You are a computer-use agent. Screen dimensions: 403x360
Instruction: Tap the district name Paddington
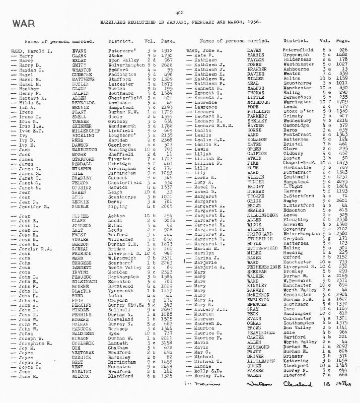pos(118,74)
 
